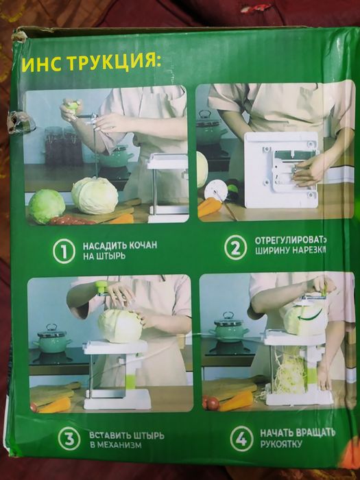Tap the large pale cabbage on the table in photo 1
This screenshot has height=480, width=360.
tap(95, 195)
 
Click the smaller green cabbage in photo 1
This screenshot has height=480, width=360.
tap(47, 206)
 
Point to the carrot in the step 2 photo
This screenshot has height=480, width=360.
tap(210, 206)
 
